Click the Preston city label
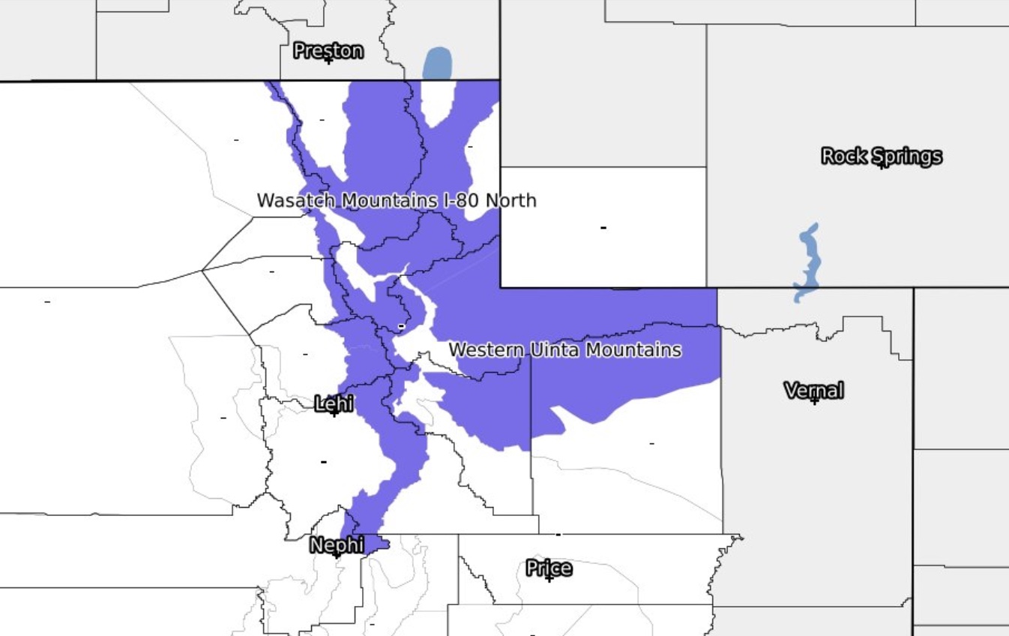coord(328,51)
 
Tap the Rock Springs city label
coord(882,156)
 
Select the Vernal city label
coord(814,390)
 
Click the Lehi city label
coord(334,404)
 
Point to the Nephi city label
coord(337,545)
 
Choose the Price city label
coord(549,568)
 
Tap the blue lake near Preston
coord(437,63)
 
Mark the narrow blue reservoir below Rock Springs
coord(808,262)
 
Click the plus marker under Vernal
coord(814,400)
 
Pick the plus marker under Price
coord(549,578)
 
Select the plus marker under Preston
coord(328,60)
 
